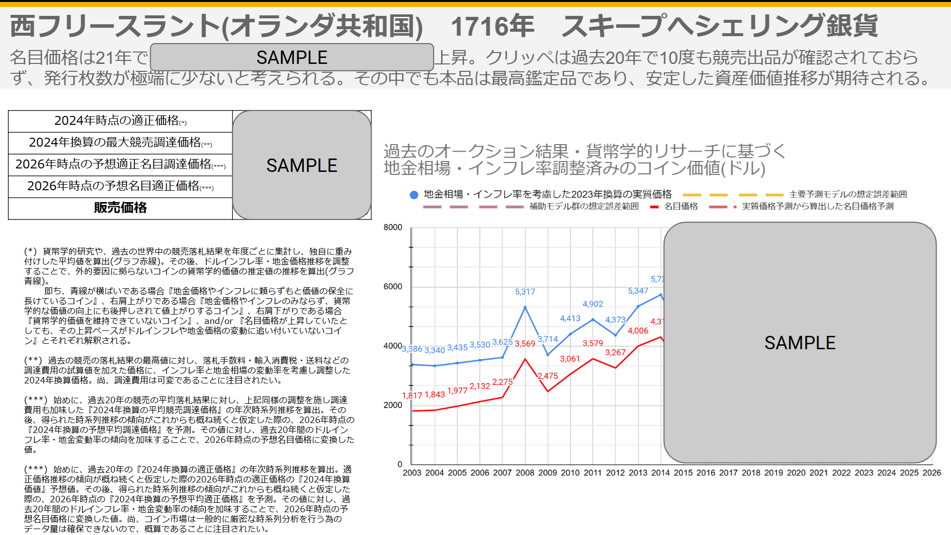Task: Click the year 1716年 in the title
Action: click(492, 26)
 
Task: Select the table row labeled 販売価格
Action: click(120, 208)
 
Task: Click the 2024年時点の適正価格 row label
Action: click(120, 121)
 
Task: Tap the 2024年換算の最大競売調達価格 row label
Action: click(120, 143)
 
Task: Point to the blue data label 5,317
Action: click(525, 292)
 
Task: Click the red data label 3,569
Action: click(525, 344)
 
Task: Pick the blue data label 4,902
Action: click(593, 304)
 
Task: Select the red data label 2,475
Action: click(548, 376)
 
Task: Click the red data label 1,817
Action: click(412, 395)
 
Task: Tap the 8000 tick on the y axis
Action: click(393, 227)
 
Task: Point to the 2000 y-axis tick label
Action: click(393, 405)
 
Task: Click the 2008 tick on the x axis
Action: click(525, 473)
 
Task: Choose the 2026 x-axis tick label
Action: click(932, 473)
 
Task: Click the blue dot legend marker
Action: click(414, 195)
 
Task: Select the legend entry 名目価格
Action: click(680, 206)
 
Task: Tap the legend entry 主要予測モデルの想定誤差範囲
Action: click(848, 194)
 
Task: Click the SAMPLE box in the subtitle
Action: click(292, 57)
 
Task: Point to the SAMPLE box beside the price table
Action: click(302, 165)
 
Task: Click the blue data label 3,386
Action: click(412, 349)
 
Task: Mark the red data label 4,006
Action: click(638, 331)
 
